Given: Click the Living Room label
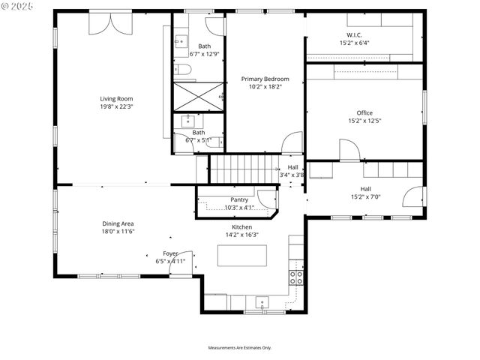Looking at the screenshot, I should [x=116, y=98].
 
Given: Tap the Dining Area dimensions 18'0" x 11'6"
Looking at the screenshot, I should [x=118, y=232].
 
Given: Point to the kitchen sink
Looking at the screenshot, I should [x=262, y=303].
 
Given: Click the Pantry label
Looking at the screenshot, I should [x=239, y=199].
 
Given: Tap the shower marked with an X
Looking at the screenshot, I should [x=199, y=96].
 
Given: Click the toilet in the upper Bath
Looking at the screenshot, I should [x=184, y=70].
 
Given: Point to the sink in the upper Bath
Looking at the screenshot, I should [x=181, y=42].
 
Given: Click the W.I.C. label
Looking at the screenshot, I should [x=354, y=35].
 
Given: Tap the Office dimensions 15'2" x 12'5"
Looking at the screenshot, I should [x=364, y=121].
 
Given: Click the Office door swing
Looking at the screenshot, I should [x=349, y=150].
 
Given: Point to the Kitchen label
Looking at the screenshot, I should [x=241, y=226].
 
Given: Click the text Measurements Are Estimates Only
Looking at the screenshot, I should [x=239, y=348].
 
